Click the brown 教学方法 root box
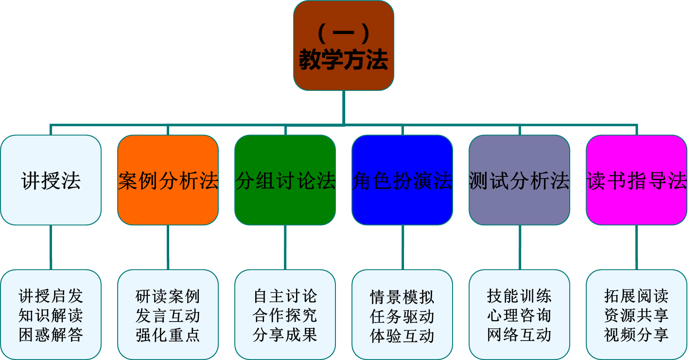tap(344, 46)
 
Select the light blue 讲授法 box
tap(51, 180)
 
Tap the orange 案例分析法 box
tap(168, 180)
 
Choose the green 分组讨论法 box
tap(285, 180)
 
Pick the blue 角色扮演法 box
tap(402, 180)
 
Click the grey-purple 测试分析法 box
tap(519, 180)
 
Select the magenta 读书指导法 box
tap(636, 180)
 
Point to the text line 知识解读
tap(51, 316)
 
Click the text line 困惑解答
tap(51, 335)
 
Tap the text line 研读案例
tap(168, 296)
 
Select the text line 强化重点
tap(168, 335)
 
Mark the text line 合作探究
tap(285, 316)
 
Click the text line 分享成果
tap(285, 335)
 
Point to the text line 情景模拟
tap(402, 297)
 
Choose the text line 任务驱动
tap(402, 317)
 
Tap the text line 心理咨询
tap(519, 316)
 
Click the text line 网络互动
tap(519, 335)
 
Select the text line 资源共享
tap(636, 316)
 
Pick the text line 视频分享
tap(636, 335)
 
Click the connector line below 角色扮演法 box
tap(402, 247)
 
